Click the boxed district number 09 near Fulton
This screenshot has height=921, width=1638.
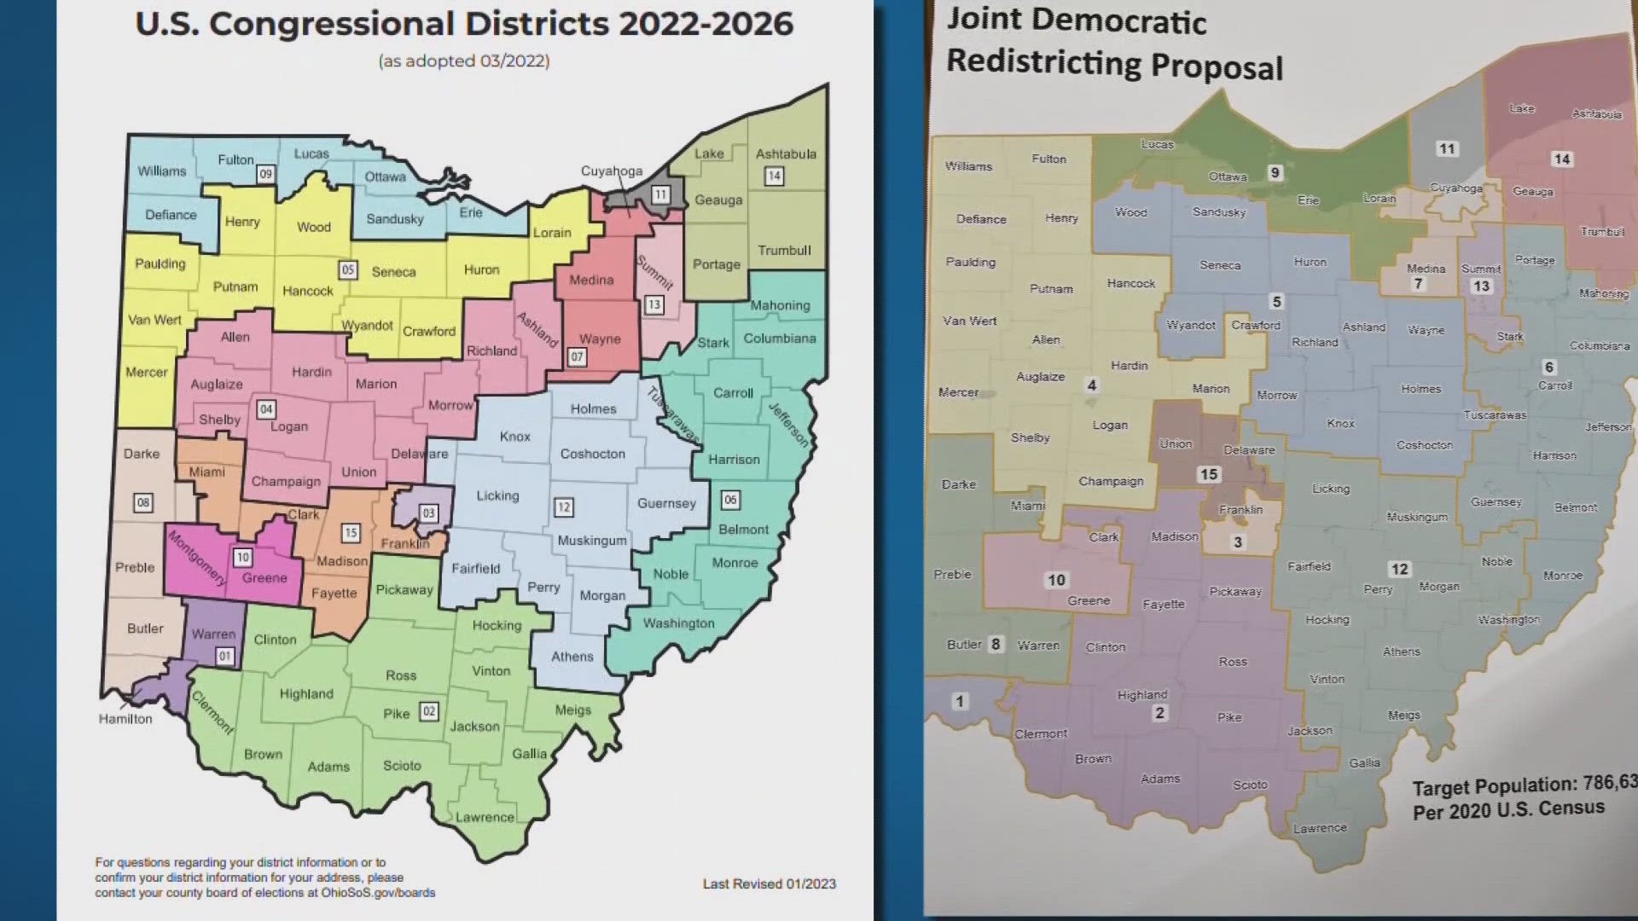click(265, 174)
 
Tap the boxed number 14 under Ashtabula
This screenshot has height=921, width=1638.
click(774, 177)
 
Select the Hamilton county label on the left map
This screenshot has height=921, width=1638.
click(125, 719)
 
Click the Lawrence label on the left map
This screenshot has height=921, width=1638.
click(485, 817)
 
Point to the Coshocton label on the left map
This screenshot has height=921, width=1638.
click(592, 454)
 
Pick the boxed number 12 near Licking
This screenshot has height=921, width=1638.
click(563, 507)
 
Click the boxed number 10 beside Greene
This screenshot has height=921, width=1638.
click(243, 558)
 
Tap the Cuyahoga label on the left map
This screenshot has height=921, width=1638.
click(612, 171)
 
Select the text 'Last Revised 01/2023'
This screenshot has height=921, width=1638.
click(769, 883)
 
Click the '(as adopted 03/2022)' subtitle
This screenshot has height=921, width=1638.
click(464, 61)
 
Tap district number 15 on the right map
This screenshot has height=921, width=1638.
click(1209, 475)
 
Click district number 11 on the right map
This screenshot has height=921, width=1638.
click(1447, 149)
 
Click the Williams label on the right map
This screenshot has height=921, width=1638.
click(968, 166)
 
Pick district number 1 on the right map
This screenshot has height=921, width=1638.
click(960, 701)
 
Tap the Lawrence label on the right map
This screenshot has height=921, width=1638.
click(1319, 828)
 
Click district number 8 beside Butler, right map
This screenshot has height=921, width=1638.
click(996, 644)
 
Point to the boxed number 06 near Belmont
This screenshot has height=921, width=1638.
click(730, 500)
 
